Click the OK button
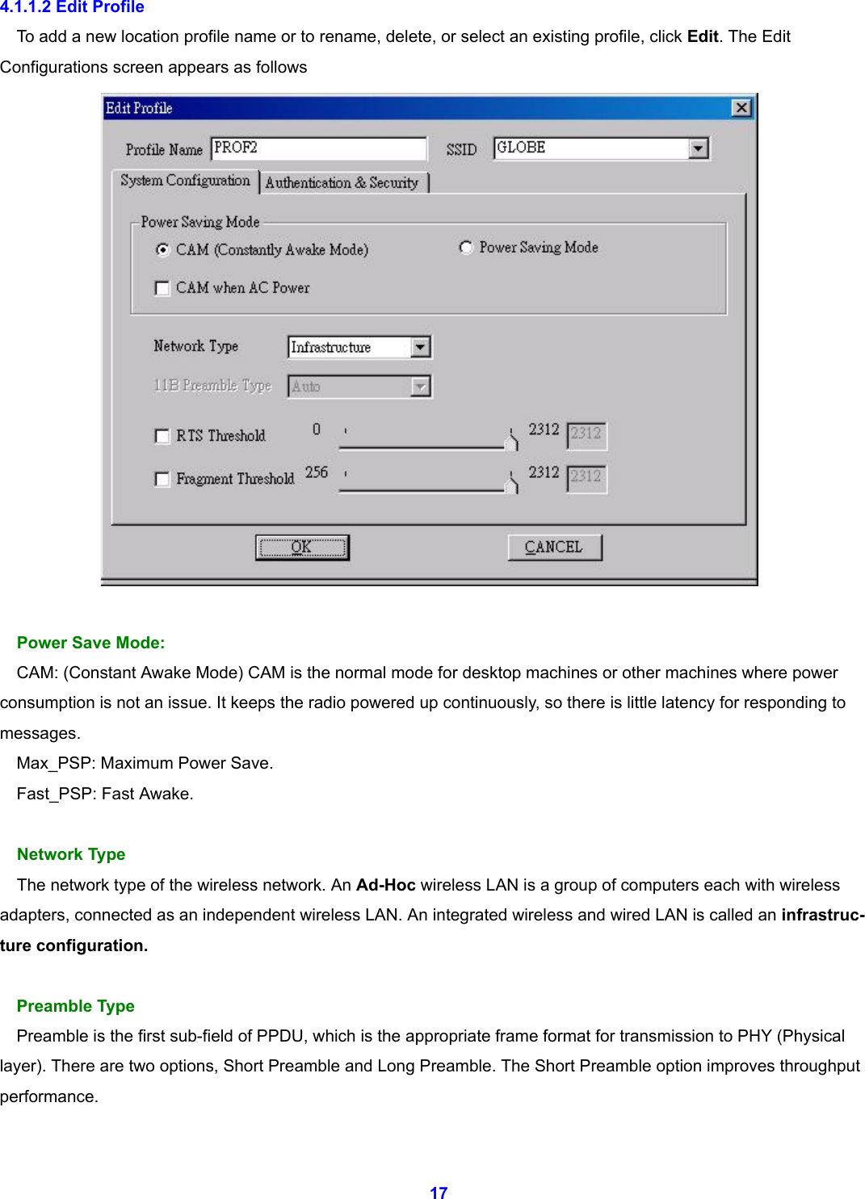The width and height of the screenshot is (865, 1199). pos(302,547)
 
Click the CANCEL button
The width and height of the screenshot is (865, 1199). pos(554,547)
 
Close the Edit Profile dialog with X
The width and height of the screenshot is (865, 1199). pos(741,108)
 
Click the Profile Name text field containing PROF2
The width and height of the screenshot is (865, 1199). pos(318,148)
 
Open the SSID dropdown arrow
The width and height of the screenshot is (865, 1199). pos(699,149)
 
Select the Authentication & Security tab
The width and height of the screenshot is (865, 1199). pos(342,182)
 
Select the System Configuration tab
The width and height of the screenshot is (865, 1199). pos(185,181)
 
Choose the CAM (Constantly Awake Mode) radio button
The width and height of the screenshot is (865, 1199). pos(163,249)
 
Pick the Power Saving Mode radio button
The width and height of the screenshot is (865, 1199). pos(466,247)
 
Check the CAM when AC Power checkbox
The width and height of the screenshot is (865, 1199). pos(162,288)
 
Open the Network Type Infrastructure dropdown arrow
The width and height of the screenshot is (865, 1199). pos(420,347)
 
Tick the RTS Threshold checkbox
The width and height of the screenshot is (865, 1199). pos(162,436)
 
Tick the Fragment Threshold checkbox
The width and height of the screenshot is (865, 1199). pos(162,479)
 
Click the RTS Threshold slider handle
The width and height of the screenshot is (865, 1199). pos(511,440)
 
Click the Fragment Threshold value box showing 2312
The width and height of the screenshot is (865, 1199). pos(586,477)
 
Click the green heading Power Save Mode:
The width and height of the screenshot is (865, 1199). pos(90,643)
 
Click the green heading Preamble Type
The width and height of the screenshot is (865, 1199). pos(76,1006)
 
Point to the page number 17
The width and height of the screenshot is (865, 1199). pos(439,1193)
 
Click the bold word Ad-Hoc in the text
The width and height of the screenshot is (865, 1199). pos(385,885)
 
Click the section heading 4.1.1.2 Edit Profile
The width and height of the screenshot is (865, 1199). pos(73,7)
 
